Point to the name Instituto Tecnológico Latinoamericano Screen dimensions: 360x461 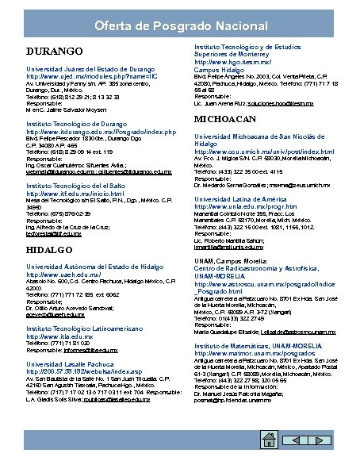88,328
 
